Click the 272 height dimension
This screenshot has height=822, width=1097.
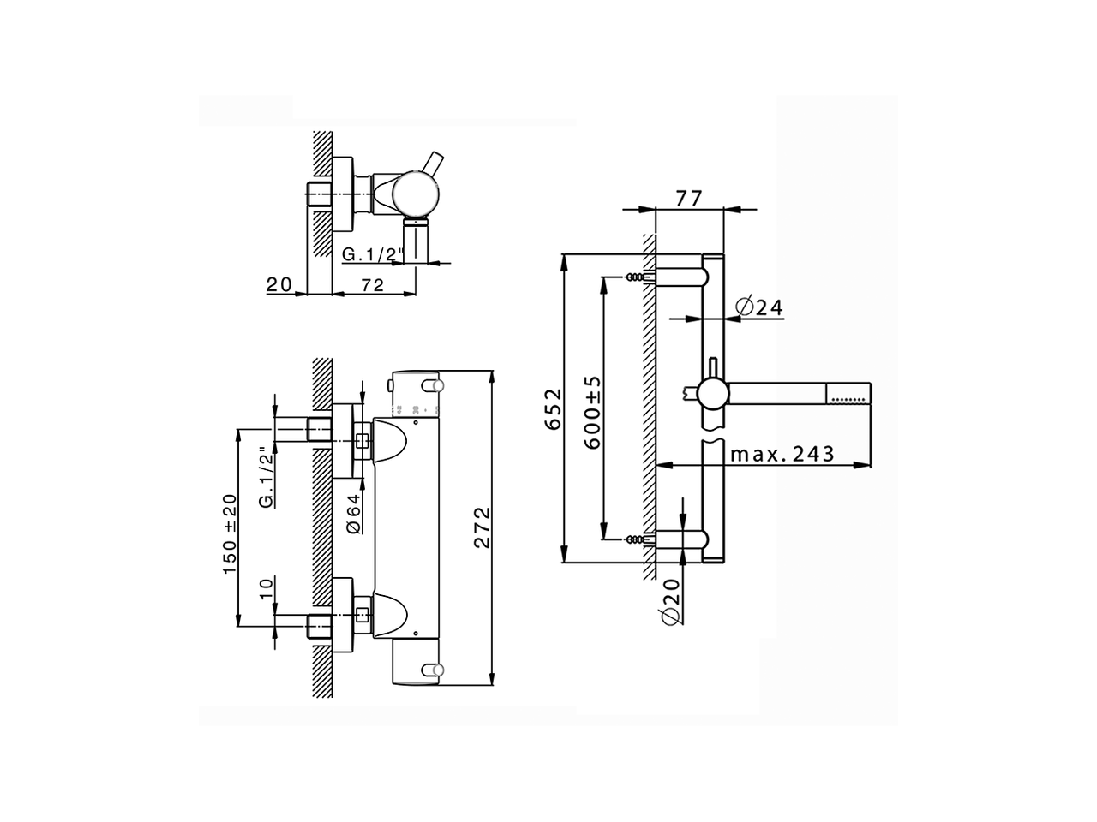coord(482,527)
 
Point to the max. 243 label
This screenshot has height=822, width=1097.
coord(782,454)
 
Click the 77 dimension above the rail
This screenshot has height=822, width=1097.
coord(689,198)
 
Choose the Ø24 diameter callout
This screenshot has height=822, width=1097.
coord(759,307)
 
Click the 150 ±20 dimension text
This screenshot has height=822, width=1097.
coord(231,534)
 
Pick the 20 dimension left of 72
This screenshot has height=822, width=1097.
coord(279,284)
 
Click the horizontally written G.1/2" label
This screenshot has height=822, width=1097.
coord(372,254)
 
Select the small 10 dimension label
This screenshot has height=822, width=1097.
coord(266,590)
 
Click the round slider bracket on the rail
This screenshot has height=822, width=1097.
coord(711,395)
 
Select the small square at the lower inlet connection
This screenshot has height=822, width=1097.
coord(363,614)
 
